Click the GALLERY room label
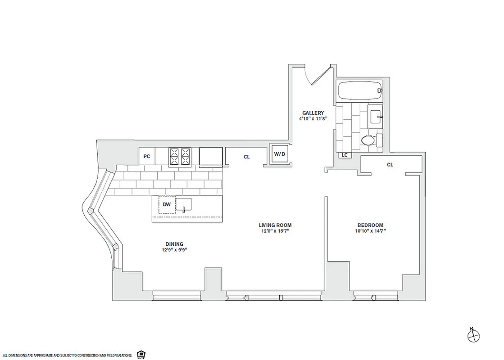[313, 113]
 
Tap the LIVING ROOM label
[275, 225]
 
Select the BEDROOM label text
[370, 225]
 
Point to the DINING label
[173, 244]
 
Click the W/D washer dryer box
[280, 154]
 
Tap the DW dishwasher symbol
[167, 204]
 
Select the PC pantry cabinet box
[146, 156]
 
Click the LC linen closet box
[345, 155]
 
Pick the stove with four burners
[180, 156]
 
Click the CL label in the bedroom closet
[390, 165]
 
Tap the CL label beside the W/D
[246, 157]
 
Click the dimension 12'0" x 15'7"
[275, 231]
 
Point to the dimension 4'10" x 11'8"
[313, 119]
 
